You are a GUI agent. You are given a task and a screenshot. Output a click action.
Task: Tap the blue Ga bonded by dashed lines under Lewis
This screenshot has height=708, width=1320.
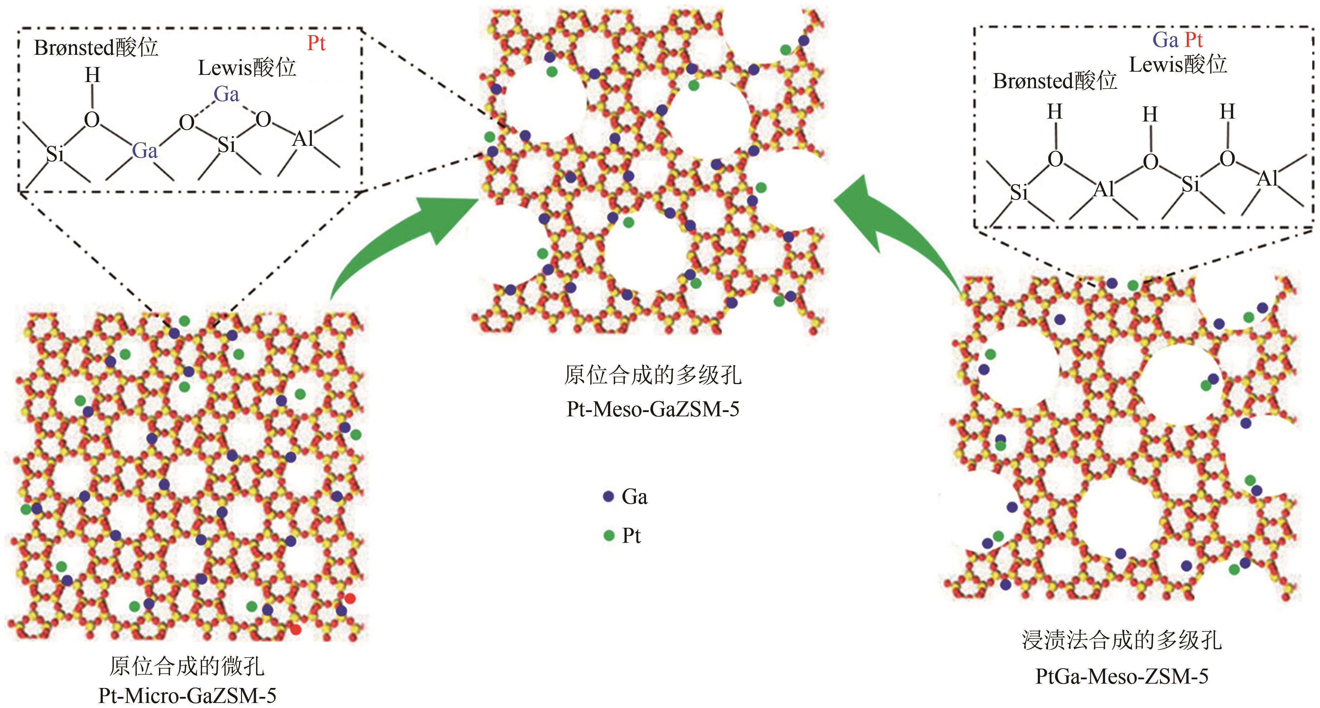coord(226,94)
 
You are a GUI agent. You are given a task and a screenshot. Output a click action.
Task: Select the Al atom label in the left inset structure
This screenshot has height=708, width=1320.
coord(303,138)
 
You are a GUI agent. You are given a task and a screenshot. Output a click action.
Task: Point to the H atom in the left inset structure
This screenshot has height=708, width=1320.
coord(92,75)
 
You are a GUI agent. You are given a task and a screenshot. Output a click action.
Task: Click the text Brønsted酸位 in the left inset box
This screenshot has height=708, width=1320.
coord(96,48)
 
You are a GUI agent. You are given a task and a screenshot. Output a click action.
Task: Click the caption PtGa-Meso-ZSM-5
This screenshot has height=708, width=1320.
coord(1122,676)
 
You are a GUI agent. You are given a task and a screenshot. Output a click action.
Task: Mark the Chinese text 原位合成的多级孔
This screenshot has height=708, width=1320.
coord(653,375)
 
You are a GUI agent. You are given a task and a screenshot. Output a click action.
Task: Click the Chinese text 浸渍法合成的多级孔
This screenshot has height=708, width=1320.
coord(1122,640)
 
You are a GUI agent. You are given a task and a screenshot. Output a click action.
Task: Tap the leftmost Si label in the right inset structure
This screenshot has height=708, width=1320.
coord(1019,193)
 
